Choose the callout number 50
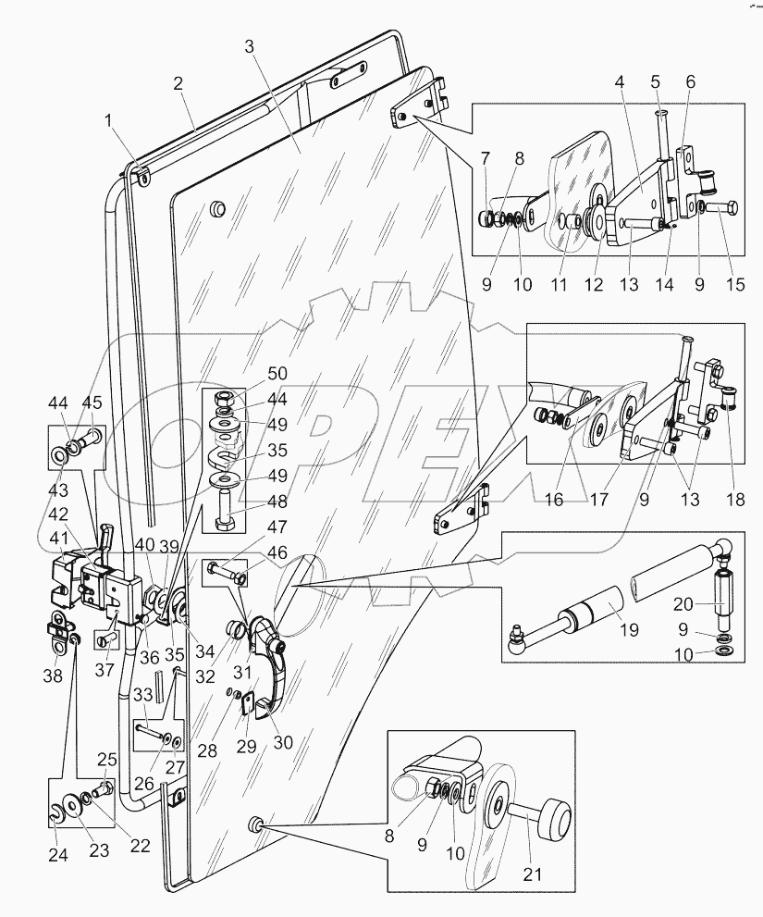pos(277,373)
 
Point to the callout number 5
pos(658,81)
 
